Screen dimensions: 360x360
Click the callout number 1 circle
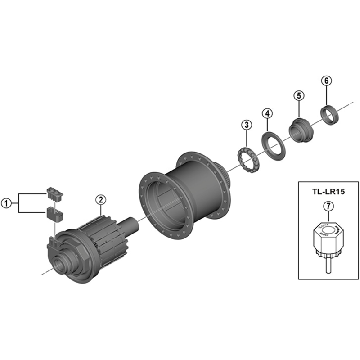[x=7, y=203]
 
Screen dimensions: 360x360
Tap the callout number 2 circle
[x=100, y=199]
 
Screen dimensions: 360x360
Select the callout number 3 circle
[x=246, y=124]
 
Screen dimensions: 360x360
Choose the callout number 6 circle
[x=326, y=81]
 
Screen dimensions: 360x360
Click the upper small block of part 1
[x=54, y=194]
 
